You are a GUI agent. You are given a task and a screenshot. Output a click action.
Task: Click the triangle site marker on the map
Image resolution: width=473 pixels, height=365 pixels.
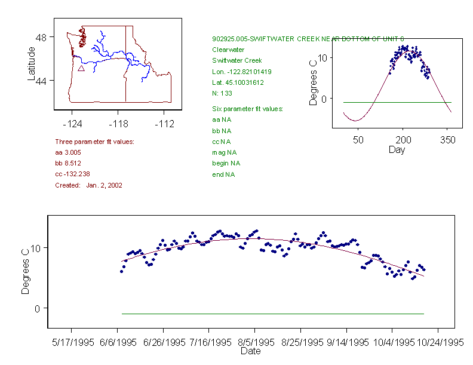pyautogui.click(x=81, y=68)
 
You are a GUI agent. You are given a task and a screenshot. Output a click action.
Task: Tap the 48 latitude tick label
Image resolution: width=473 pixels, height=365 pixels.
pyautogui.click(x=42, y=37)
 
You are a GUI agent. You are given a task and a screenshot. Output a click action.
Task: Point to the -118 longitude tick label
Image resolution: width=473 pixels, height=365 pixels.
pyautogui.click(x=118, y=124)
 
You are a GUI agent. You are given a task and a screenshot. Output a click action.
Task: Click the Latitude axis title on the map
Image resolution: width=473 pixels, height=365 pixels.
pyautogui.click(x=32, y=63)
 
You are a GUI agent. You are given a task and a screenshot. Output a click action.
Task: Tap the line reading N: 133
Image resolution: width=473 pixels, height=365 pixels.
pyautogui.click(x=222, y=93)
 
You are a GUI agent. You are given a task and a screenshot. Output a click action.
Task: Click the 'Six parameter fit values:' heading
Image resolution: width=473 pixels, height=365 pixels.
pyautogui.click(x=247, y=109)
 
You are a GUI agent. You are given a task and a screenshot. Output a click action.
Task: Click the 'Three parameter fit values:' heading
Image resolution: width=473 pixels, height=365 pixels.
pyautogui.click(x=94, y=142)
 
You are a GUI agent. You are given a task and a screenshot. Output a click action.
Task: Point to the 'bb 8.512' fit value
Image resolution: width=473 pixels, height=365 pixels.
pyautogui.click(x=67, y=163)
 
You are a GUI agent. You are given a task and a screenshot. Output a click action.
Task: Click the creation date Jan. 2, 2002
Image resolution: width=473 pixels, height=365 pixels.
pyautogui.click(x=104, y=185)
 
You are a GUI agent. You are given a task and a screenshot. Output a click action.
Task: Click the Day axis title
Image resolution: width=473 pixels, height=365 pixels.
pyautogui.click(x=397, y=149)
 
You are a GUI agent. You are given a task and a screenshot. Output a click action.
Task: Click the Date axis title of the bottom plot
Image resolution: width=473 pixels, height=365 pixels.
pyautogui.click(x=251, y=351)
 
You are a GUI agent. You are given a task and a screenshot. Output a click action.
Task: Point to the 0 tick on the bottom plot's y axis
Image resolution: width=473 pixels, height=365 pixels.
pyautogui.click(x=36, y=308)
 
